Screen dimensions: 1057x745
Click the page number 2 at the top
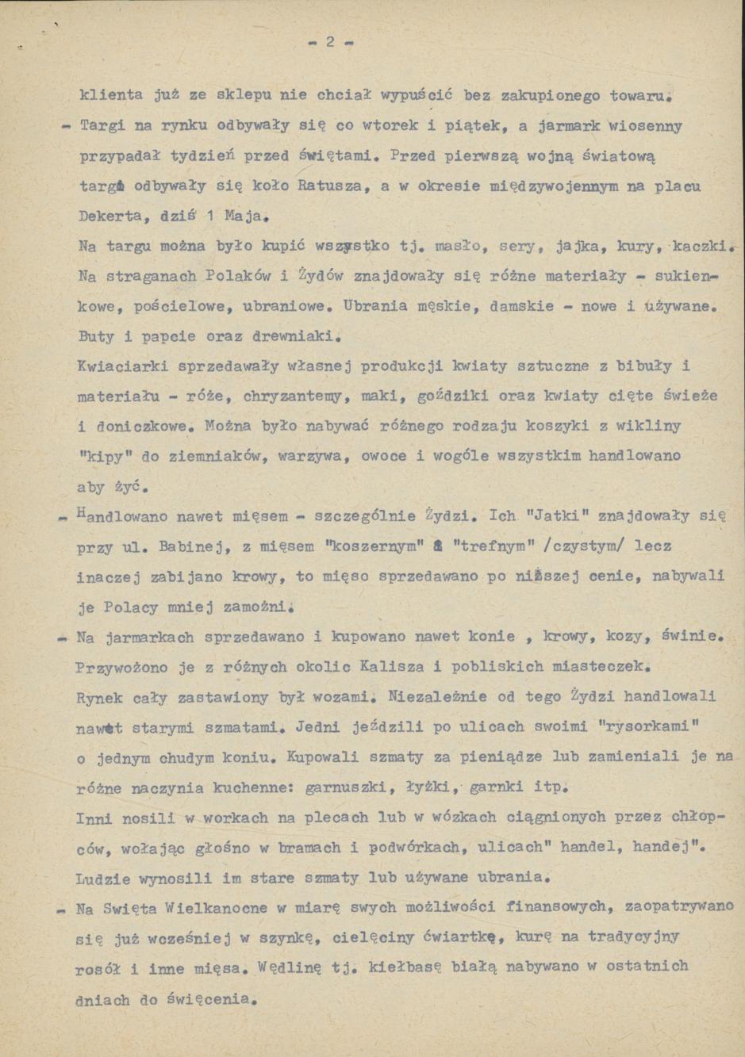(330, 43)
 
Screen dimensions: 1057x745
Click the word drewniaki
(293, 335)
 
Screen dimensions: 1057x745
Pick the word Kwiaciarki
(120, 366)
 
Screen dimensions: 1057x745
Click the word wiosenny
(645, 126)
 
